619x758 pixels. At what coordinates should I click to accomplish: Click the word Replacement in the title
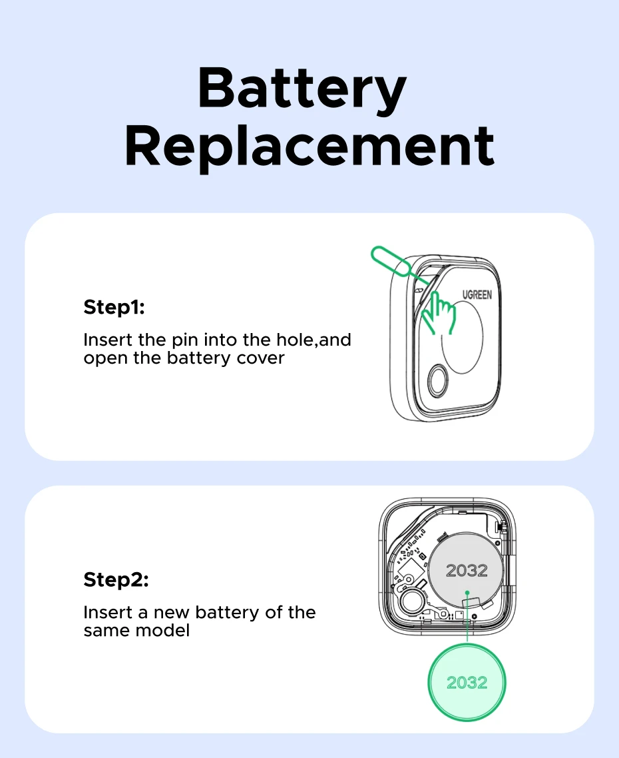pyautogui.click(x=309, y=147)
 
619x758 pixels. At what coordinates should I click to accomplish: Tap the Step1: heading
pyautogui.click(x=114, y=307)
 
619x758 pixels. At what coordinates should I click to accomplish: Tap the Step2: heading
pyautogui.click(x=116, y=579)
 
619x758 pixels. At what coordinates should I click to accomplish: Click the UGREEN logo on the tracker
pyautogui.click(x=477, y=294)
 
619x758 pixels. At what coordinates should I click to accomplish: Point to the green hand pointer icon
pyautogui.click(x=438, y=313)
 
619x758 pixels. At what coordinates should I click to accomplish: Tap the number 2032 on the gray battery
pyautogui.click(x=467, y=570)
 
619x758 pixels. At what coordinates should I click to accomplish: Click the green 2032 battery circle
pyautogui.click(x=467, y=682)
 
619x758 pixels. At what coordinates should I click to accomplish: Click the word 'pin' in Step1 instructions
pyautogui.click(x=185, y=341)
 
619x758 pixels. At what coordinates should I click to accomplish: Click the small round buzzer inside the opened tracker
pyautogui.click(x=413, y=601)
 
